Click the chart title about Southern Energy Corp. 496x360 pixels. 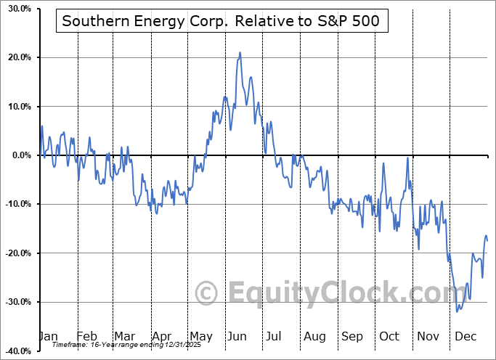[x=220, y=21]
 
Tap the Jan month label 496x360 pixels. [x=48, y=337]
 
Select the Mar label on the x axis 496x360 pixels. [x=123, y=337]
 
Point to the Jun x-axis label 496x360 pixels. [x=237, y=337]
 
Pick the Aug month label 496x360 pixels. [x=314, y=337]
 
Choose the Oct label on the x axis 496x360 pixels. [x=389, y=337]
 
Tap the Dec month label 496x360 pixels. [x=465, y=337]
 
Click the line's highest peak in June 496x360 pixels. [x=240, y=52]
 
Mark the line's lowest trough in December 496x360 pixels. [x=458, y=311]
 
